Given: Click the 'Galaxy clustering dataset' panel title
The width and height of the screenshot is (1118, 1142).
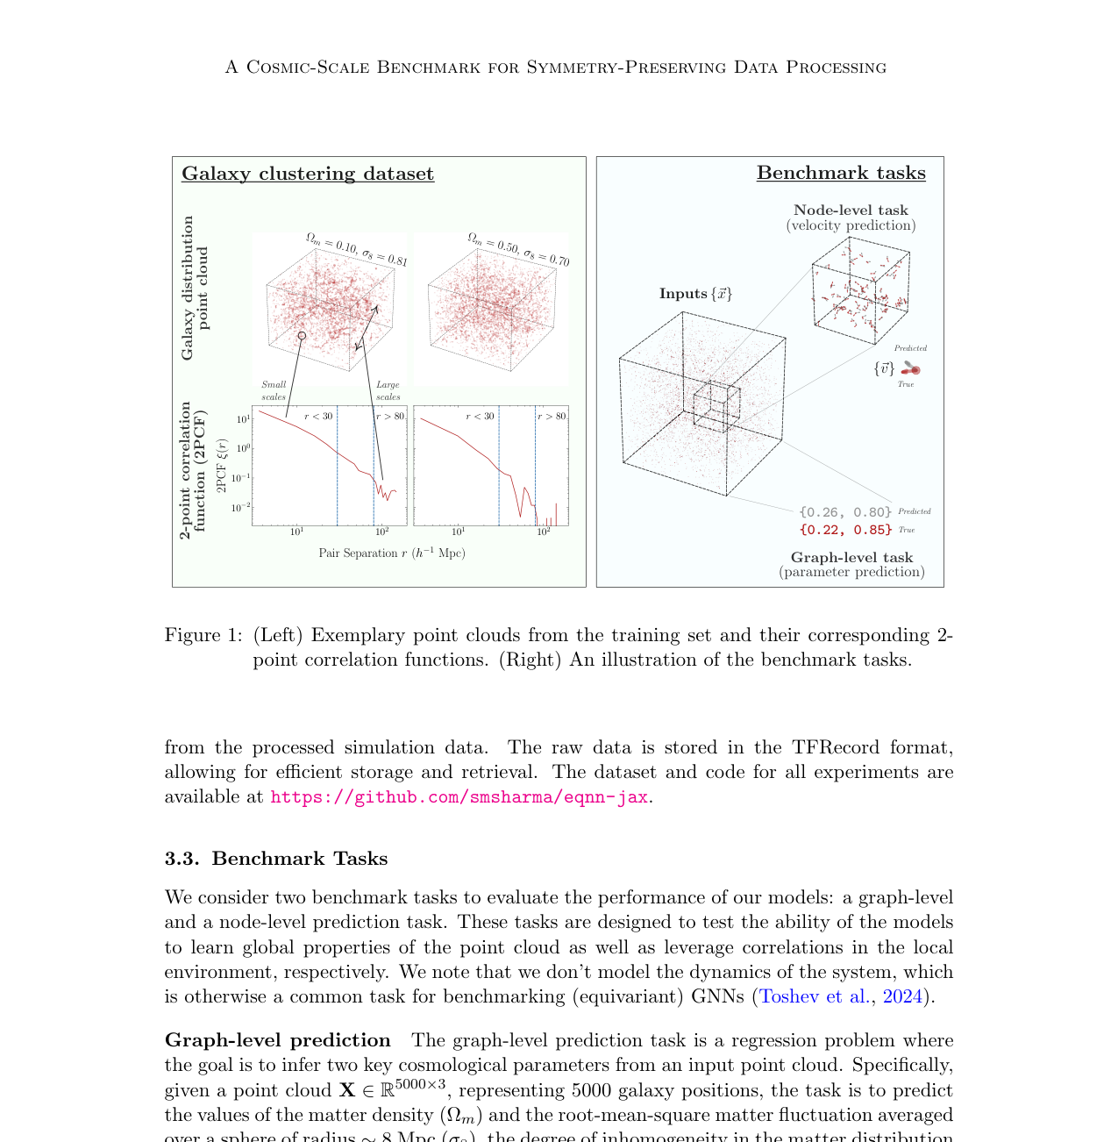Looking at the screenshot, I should [308, 174].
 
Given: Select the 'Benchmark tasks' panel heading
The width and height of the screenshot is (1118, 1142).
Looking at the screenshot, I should [841, 173].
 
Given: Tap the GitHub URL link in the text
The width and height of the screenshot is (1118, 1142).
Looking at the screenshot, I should [459, 797].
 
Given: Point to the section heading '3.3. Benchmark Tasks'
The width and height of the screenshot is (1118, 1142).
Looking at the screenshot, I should [276, 859].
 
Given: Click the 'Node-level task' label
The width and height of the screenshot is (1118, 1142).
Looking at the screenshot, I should [851, 211].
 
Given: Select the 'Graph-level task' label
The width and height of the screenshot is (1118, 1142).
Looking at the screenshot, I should [851, 558].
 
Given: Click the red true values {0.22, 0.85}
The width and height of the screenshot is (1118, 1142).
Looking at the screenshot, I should [845, 530].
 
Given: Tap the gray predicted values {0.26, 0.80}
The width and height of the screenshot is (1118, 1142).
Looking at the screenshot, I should [845, 512].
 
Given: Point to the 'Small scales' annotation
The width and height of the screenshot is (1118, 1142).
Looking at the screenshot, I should [274, 391].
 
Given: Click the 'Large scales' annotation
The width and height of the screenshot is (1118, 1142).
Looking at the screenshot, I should [388, 391].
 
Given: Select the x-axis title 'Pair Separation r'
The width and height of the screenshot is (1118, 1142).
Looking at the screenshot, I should [392, 553].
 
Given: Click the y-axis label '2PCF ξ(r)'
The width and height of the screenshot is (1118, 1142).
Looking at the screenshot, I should [221, 465].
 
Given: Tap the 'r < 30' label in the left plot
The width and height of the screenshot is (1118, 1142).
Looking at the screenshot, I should [318, 417].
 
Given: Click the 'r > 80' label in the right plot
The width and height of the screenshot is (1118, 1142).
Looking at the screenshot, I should [552, 417].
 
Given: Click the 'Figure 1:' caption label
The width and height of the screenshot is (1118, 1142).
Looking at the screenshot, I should [203, 635].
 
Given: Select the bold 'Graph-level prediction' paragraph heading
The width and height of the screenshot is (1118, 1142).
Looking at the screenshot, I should [277, 1040].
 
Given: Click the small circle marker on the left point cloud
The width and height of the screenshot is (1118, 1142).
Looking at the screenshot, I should [302, 336].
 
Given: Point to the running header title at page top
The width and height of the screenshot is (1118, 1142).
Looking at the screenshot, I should [556, 68].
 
